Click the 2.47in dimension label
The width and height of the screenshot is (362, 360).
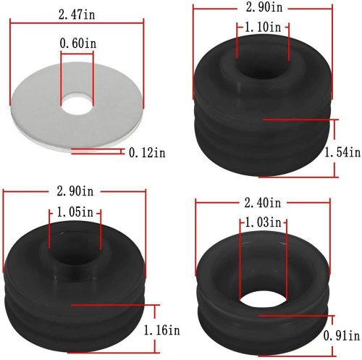(77, 14)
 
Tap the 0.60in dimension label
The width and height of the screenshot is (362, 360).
(77, 43)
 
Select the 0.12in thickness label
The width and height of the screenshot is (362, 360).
(147, 153)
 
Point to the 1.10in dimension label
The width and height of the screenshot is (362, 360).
(263, 27)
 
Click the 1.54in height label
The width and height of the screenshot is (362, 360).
(342, 153)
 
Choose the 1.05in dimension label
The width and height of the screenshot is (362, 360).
(75, 212)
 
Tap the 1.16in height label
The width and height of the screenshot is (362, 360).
(161, 330)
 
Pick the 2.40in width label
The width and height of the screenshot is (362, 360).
(263, 203)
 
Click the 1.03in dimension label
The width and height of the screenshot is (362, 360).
(263, 222)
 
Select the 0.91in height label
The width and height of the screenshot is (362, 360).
(342, 335)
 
